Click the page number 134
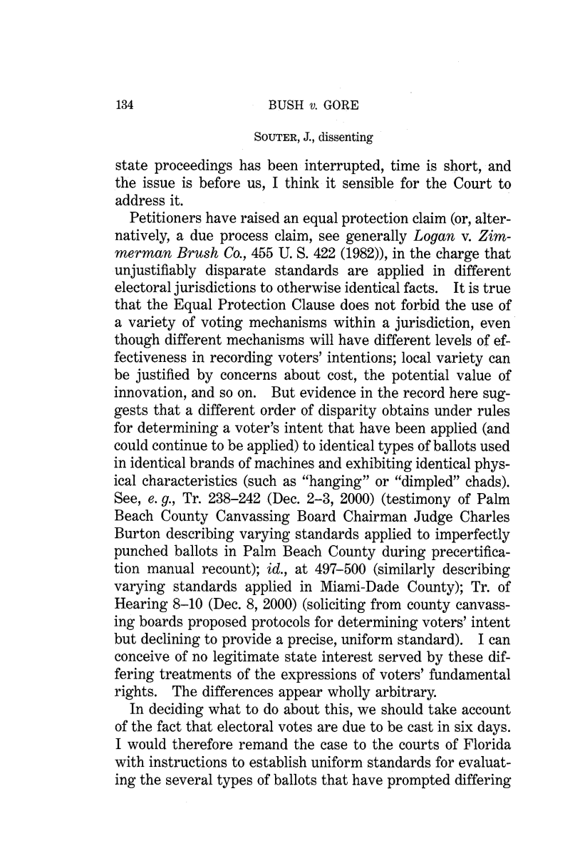point(125,108)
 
